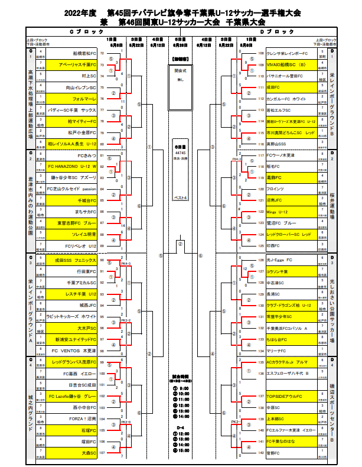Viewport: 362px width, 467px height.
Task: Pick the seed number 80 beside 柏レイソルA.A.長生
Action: coord(103,144)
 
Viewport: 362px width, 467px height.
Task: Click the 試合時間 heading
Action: coord(181,376)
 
